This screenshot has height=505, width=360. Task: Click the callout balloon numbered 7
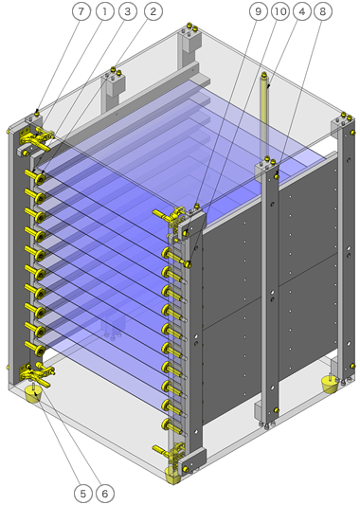coord(81,11)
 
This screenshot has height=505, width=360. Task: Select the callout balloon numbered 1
coord(104,11)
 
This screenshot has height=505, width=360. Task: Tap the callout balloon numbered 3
coord(128,11)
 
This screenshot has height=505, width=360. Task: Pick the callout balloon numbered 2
coord(153,11)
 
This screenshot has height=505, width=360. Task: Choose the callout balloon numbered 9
coord(259,11)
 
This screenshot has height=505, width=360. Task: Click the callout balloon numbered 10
coord(280,11)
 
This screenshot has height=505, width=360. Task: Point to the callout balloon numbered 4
coord(301,11)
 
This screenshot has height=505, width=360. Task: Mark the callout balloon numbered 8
coord(322,11)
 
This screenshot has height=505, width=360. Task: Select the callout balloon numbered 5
coord(83,493)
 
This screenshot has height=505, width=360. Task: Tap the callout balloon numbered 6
coord(104,493)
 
